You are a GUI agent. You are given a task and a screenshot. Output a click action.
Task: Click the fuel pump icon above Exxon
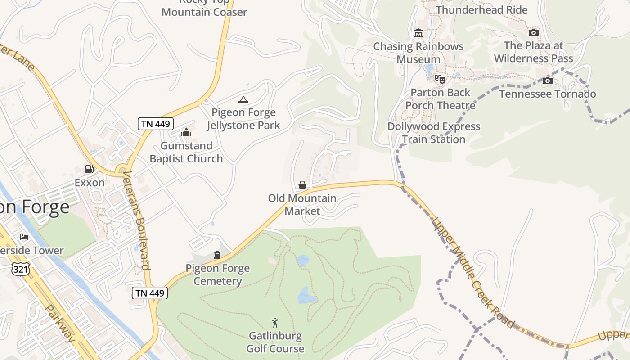[x=90, y=169]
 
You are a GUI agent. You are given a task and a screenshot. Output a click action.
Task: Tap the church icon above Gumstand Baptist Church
[x=186, y=132]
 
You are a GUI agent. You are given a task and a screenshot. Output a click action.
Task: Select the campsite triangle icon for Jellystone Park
[x=243, y=99]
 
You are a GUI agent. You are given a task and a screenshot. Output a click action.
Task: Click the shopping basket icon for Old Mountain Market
[x=302, y=185]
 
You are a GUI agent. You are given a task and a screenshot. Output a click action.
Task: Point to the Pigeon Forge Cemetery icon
[x=217, y=255]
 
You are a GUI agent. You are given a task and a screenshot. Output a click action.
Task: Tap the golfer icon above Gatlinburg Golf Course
[x=275, y=323]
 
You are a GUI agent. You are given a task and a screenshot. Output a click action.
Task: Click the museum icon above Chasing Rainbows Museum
[x=418, y=33]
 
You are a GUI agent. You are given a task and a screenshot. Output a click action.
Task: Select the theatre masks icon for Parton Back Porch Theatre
[x=440, y=79]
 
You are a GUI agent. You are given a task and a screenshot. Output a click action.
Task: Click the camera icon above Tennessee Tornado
[x=548, y=81]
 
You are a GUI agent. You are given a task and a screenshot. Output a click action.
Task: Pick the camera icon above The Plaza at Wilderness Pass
[x=533, y=32]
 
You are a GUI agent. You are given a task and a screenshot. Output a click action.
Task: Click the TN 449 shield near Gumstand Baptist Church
[x=156, y=124]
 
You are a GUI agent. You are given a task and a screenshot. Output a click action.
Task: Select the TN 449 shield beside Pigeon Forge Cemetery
[x=150, y=293]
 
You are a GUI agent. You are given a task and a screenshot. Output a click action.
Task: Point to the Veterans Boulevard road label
[x=137, y=220]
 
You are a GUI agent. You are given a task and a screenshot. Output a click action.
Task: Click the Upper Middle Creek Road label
[x=472, y=273]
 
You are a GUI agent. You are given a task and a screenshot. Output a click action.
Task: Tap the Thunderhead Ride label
[x=481, y=9]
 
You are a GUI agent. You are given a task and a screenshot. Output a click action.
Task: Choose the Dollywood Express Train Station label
[x=434, y=133]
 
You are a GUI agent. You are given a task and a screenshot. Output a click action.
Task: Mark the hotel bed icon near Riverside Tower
[x=24, y=237]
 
